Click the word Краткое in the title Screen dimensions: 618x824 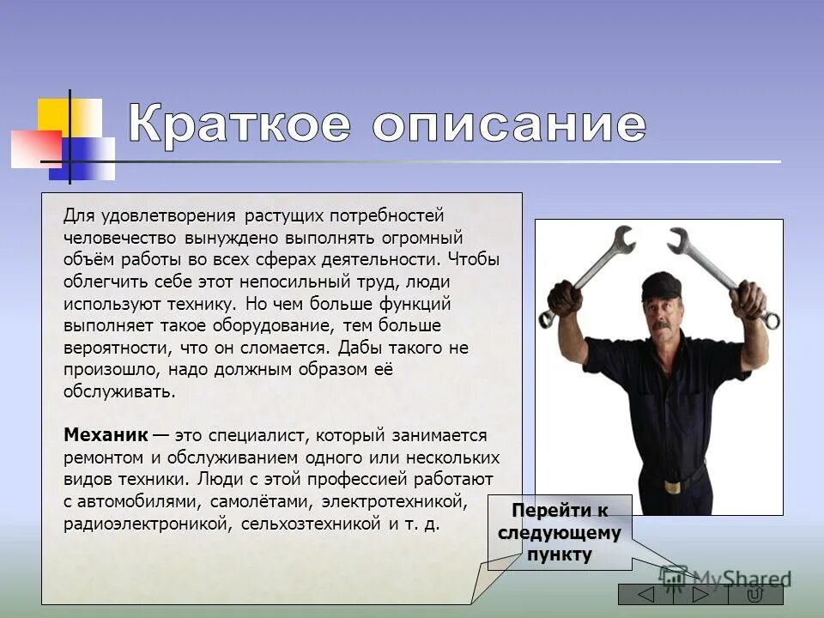pyautogui.click(x=239, y=125)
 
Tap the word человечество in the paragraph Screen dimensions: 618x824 pyautogui.click(x=119, y=237)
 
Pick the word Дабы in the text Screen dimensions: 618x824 pyautogui.click(x=357, y=348)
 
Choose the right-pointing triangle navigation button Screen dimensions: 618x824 pyautogui.click(x=701, y=595)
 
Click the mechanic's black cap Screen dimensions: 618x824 pyautogui.click(x=660, y=284)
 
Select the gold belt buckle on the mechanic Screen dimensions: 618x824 pyautogui.click(x=670, y=484)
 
